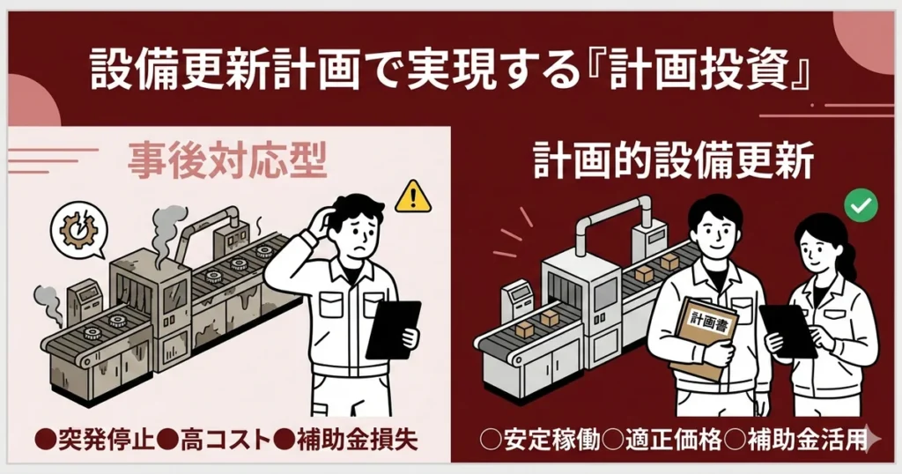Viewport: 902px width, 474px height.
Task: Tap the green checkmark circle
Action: click(x=860, y=206)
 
